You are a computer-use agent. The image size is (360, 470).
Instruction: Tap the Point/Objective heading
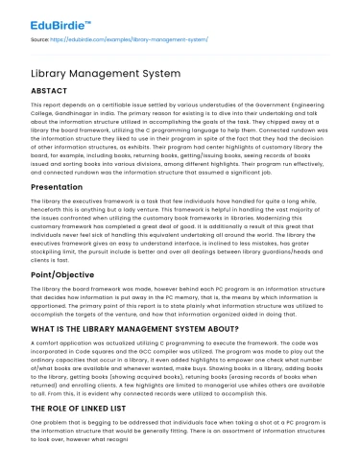[61, 249]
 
